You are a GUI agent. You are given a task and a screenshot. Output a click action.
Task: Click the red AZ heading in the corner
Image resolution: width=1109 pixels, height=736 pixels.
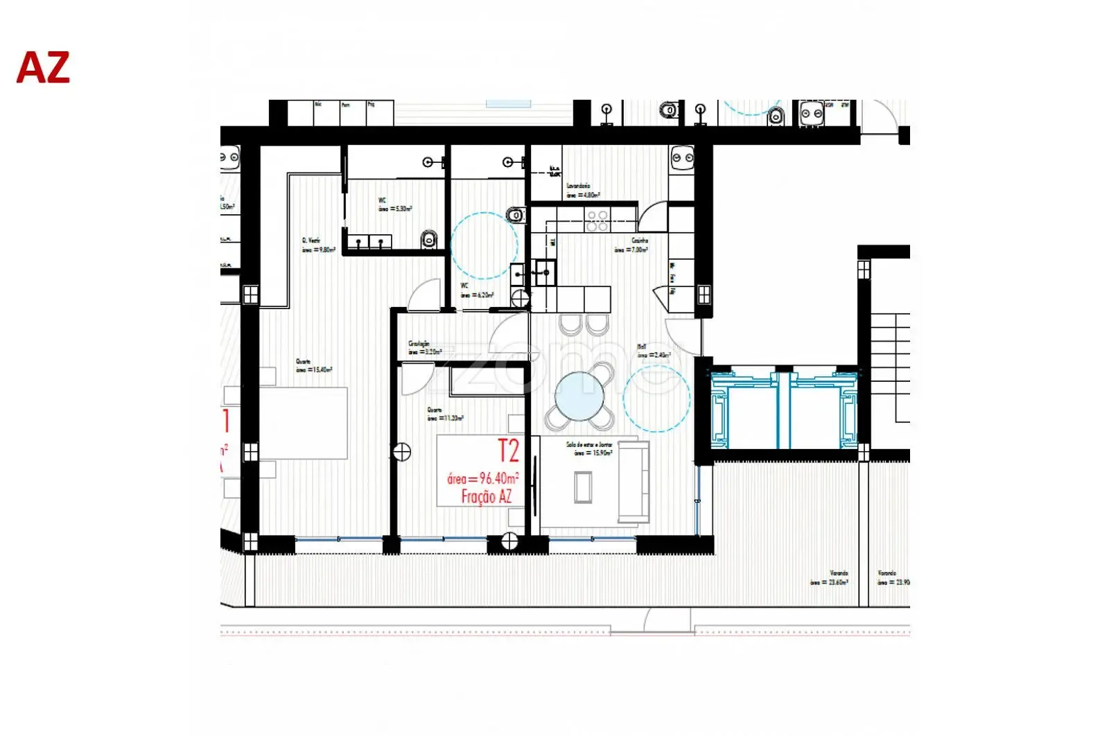pos(43,68)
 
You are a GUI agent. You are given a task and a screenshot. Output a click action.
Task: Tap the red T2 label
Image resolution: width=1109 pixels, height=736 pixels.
pos(508,451)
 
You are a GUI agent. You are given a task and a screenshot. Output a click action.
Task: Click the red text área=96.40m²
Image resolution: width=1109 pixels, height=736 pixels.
pos(483,478)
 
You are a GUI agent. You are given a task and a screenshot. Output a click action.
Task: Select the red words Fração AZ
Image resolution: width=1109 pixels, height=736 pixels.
pos(487,496)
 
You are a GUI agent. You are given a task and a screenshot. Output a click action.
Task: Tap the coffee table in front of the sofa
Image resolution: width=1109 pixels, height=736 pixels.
pos(584,487)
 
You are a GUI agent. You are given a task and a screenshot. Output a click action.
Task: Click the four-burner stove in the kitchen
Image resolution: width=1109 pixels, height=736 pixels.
pos(597,221)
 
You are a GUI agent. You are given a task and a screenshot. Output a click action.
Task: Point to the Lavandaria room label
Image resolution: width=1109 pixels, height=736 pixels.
pos(578,186)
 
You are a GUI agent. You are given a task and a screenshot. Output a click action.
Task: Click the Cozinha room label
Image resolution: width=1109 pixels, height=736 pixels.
pos(639,240)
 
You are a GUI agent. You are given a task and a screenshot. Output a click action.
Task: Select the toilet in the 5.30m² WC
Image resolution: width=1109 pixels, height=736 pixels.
pos(429,240)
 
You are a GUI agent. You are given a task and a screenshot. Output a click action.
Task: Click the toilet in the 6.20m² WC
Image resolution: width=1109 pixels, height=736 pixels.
pos(516,216)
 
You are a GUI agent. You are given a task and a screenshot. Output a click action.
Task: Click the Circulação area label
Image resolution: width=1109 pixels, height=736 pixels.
pos(419,343)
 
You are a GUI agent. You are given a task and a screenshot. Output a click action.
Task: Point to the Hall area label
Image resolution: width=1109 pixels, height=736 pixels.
pos(642,347)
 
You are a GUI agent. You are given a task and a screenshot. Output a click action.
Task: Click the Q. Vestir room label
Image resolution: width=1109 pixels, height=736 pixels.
pos(311,240)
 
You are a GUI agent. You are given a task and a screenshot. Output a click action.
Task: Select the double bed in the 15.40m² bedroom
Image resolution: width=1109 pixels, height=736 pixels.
pos(304,423)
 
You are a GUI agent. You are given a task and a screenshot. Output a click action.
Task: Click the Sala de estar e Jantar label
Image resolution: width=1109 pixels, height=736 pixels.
pos(589,444)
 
